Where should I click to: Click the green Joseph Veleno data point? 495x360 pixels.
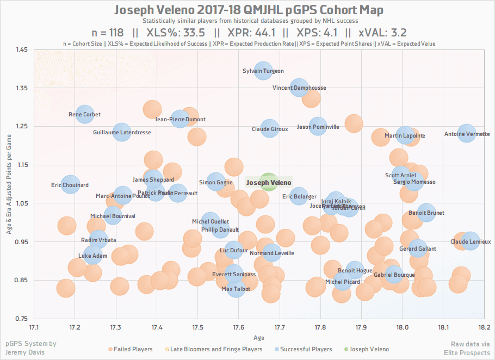point(268,182)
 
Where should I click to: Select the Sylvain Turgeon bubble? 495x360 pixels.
point(263,71)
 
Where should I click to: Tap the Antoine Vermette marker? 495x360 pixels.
point(467,133)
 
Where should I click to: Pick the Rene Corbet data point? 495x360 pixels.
point(84,114)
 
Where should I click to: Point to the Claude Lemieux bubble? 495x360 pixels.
point(471,241)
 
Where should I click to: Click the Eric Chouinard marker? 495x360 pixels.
point(70,184)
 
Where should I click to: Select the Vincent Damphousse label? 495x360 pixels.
point(299,88)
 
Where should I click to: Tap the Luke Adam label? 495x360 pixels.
point(92,256)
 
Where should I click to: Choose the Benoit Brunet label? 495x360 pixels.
point(426,213)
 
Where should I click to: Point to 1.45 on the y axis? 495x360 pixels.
point(22,49)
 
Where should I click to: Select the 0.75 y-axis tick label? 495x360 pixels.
point(22,319)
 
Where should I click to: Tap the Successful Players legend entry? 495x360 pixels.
point(302,349)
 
